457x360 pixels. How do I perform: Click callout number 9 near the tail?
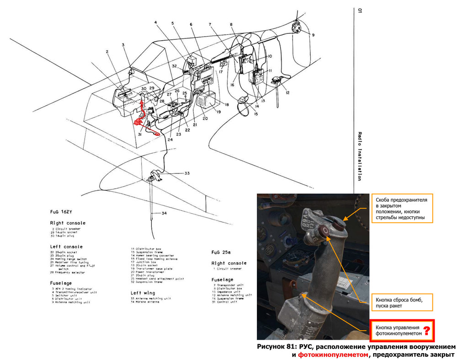pos(314,35)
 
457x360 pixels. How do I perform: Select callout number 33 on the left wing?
pos(186,173)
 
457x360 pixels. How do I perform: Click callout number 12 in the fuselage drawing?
pos(287,93)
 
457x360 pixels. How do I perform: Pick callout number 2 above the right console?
pos(107,52)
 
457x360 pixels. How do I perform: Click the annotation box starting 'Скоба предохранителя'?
pos(401,209)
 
